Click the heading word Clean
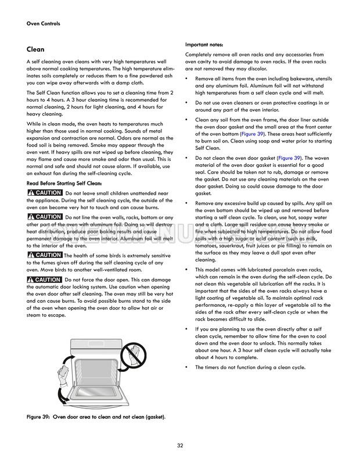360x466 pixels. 35,49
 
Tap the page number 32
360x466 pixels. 180,446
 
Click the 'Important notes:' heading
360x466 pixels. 204,45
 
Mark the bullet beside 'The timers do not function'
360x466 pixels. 187,368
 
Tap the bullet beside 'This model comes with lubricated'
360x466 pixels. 187,270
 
